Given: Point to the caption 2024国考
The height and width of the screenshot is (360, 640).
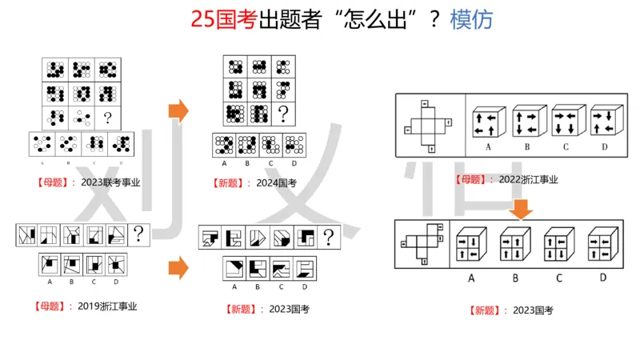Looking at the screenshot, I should click(278, 183).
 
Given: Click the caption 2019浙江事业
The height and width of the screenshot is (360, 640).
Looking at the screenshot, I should click(108, 306).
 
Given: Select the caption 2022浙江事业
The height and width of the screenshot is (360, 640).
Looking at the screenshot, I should click(528, 179).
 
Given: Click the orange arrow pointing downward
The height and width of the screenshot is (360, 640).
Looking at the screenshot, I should click(522, 209).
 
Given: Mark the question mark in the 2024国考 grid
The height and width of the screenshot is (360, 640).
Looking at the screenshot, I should click(282, 110).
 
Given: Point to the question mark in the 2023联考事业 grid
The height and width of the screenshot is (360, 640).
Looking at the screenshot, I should click(106, 118).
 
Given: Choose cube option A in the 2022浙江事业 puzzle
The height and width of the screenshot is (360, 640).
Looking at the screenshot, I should click(488, 122).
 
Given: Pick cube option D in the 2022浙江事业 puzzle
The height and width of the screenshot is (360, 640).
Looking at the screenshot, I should click(602, 122).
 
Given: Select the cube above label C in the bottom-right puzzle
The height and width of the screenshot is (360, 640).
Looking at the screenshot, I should click(557, 246).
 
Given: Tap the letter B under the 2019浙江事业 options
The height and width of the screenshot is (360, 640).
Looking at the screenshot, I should click(71, 282).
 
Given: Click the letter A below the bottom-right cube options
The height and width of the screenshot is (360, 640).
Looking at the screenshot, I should click(471, 278).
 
